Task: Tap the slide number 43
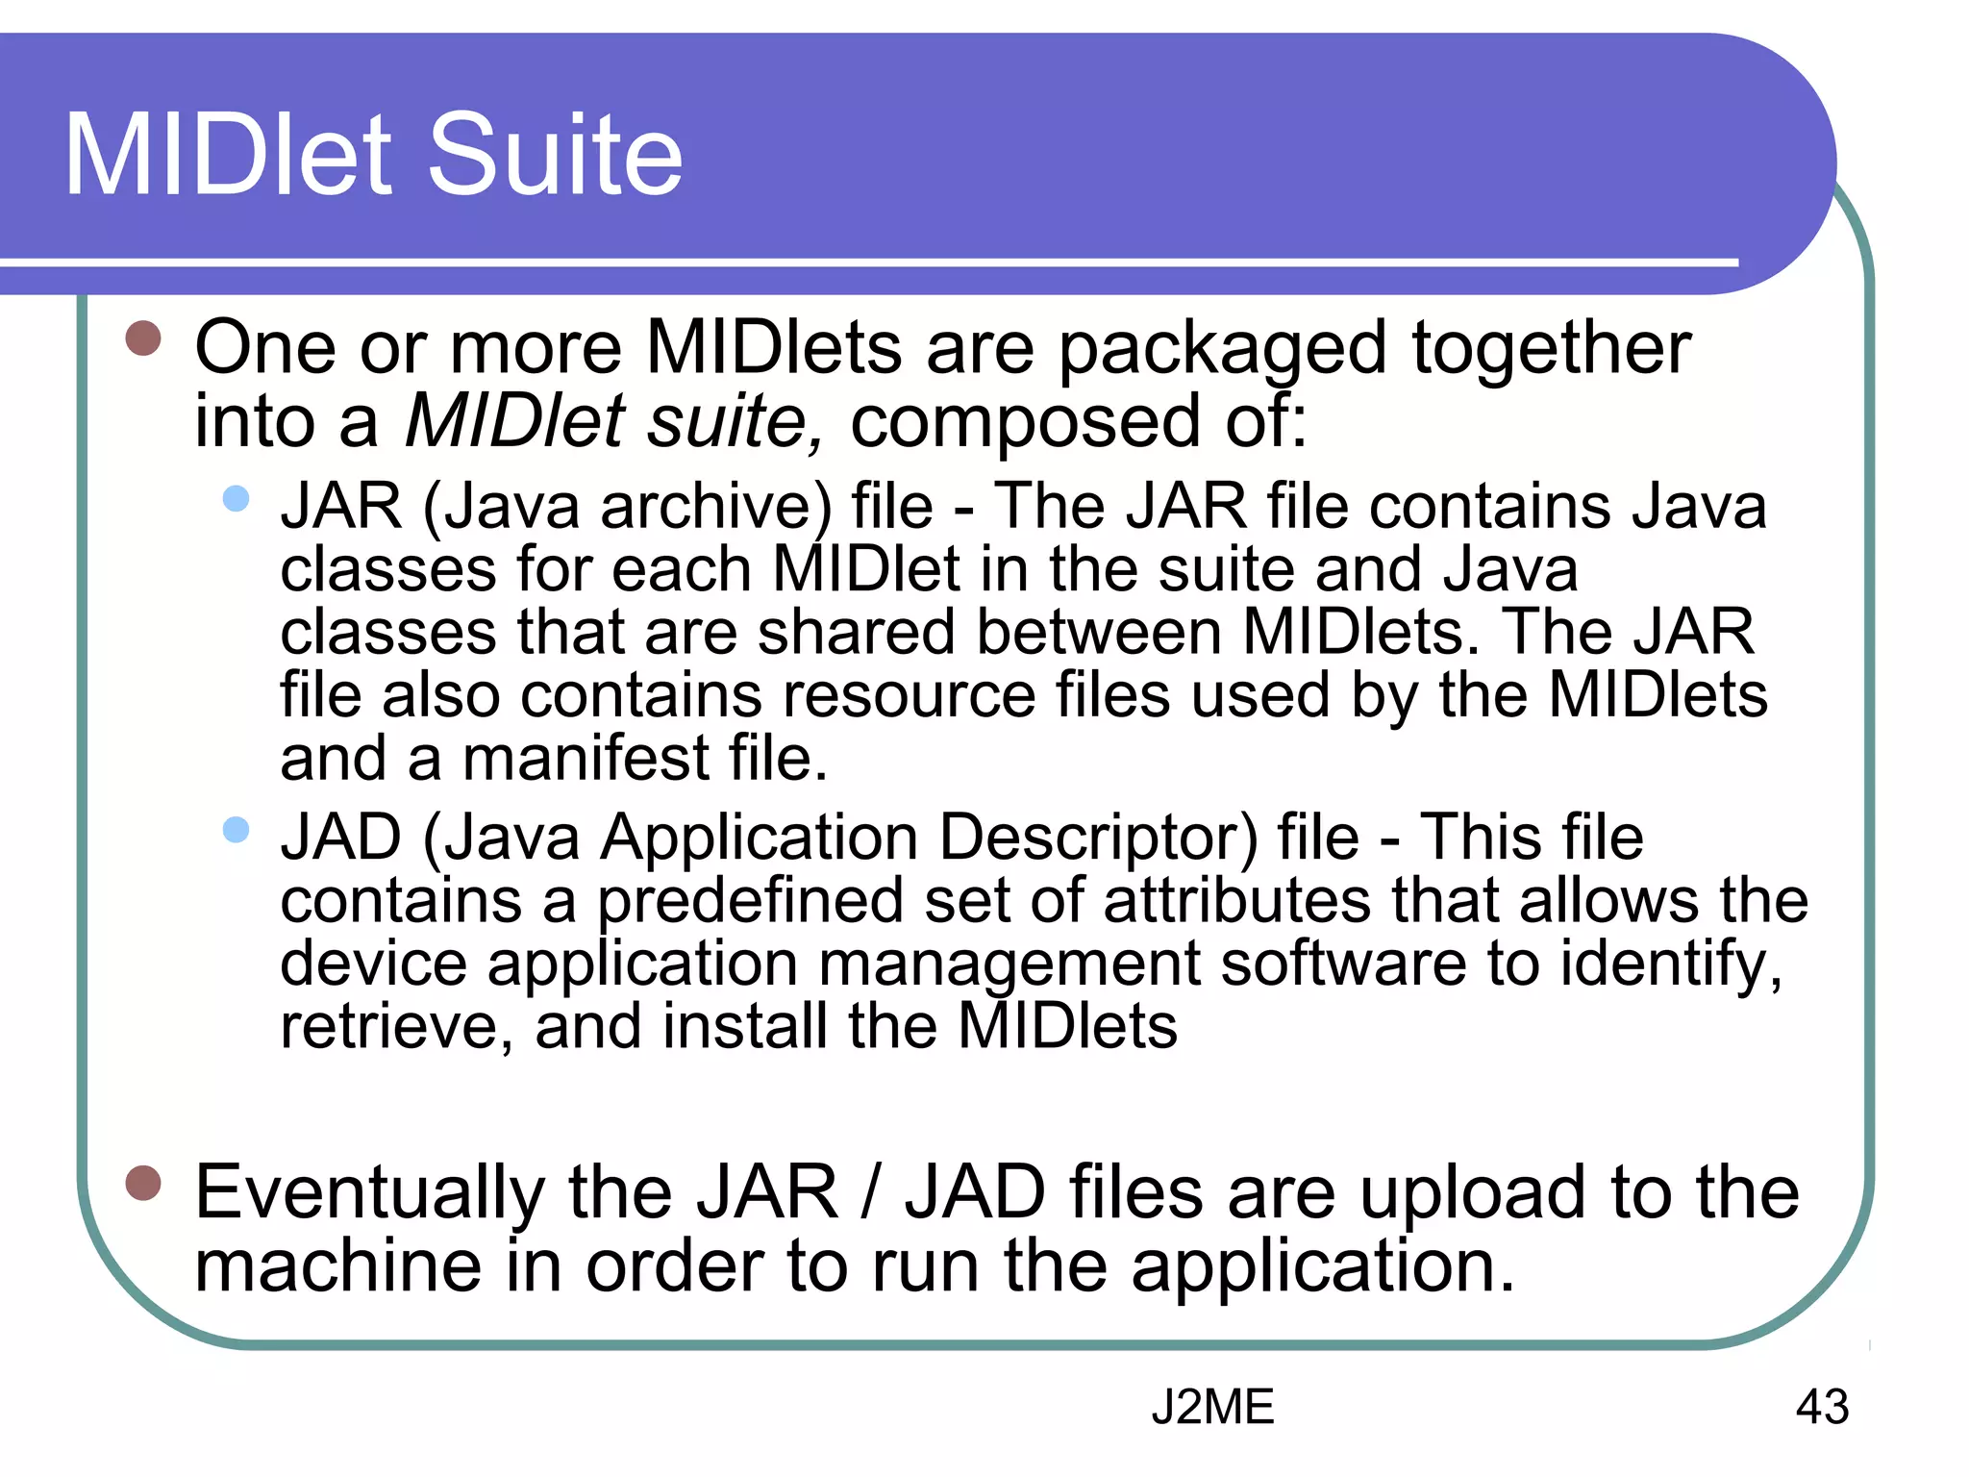1822,1407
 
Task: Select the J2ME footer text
1212,1407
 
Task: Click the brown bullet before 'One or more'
143,338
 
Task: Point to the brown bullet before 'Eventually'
143,1183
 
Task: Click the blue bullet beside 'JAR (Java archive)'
236,498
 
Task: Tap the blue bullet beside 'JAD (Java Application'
236,829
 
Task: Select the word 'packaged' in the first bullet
1222,348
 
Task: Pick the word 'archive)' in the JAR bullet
716,507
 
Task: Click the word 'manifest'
586,759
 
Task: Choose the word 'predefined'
750,901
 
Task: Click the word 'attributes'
1237,901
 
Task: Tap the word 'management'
1009,964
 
